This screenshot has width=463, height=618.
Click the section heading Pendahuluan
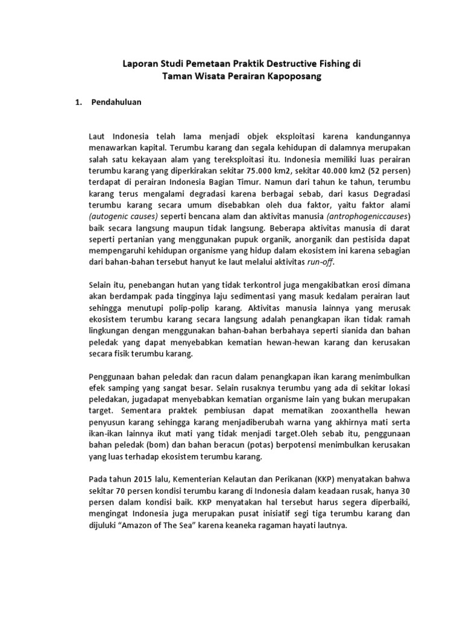(116, 102)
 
